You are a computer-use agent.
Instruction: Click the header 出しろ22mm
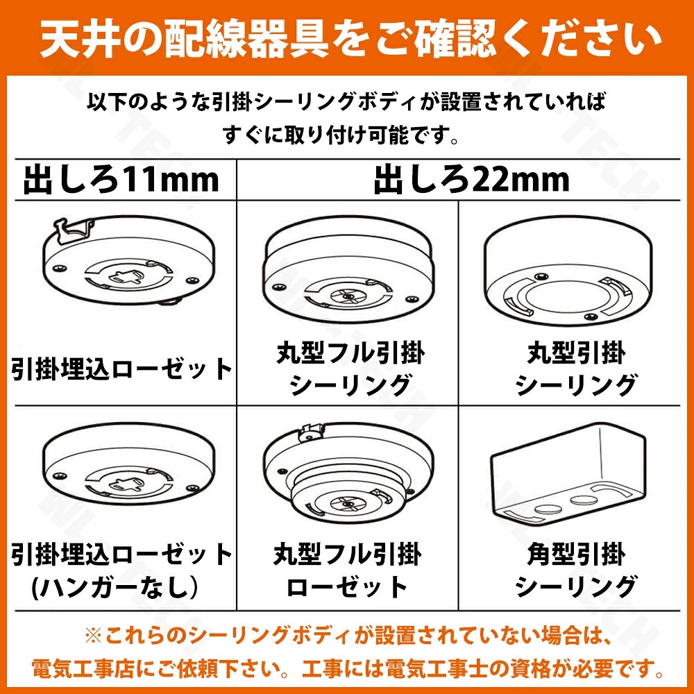pos(472,180)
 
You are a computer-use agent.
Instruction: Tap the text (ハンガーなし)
pos(115,587)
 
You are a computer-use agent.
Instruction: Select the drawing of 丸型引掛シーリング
pos(568,270)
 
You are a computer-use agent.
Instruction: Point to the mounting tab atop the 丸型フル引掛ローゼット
pos(312,431)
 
